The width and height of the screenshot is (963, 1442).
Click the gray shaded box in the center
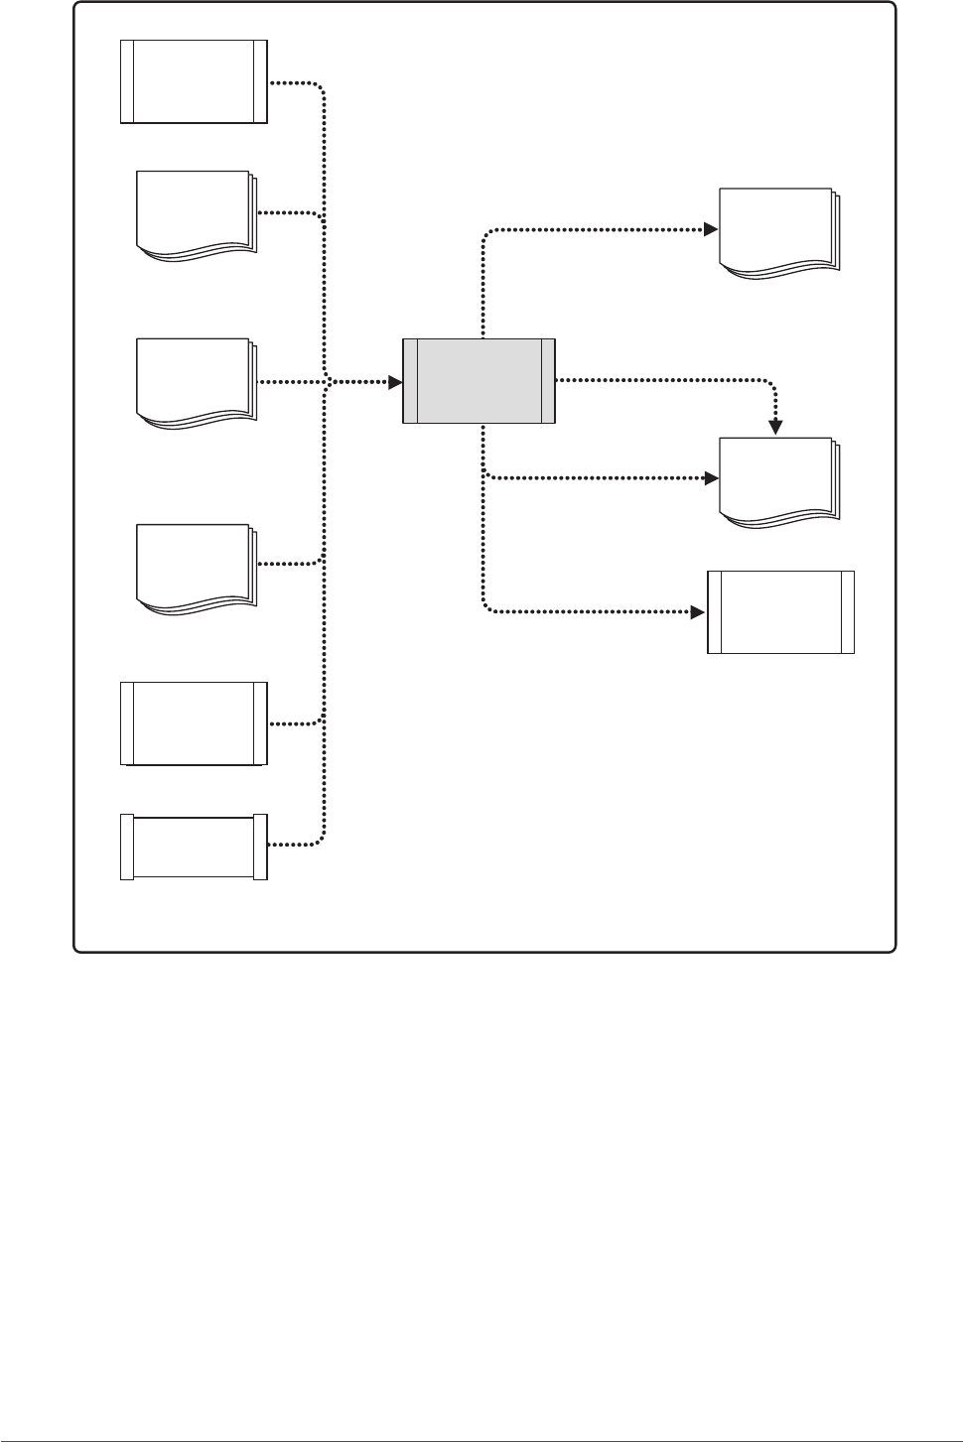pyautogui.click(x=479, y=381)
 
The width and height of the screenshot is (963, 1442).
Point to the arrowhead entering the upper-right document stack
pyautogui.click(x=711, y=229)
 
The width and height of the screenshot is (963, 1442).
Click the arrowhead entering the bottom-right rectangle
pyautogui.click(x=699, y=612)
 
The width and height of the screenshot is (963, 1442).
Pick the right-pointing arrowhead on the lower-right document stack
pyautogui.click(x=711, y=477)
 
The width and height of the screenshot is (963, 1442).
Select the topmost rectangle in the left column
pyautogui.click(x=194, y=81)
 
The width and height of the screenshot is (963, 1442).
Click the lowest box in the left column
pyautogui.click(x=194, y=847)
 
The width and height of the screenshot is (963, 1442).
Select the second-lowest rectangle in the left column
pyautogui.click(x=194, y=723)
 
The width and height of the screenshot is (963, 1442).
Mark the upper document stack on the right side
pyautogui.click(x=778, y=232)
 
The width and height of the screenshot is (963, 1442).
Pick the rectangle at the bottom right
pyautogui.click(x=780, y=612)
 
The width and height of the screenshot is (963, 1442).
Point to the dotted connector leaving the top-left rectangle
pyautogui.click(x=298, y=82)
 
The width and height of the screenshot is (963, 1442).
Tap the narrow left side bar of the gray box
pyautogui.click(x=410, y=381)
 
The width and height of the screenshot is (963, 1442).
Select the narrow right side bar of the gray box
pyautogui.click(x=548, y=381)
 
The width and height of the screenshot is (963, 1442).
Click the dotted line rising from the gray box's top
pyautogui.click(x=482, y=288)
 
